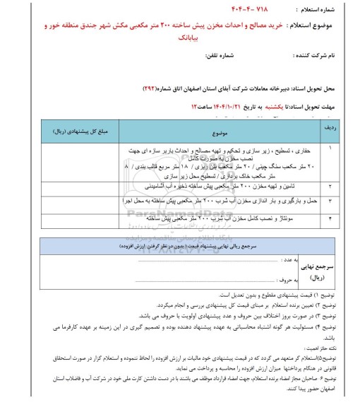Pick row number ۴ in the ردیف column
click(x=335, y=218)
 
